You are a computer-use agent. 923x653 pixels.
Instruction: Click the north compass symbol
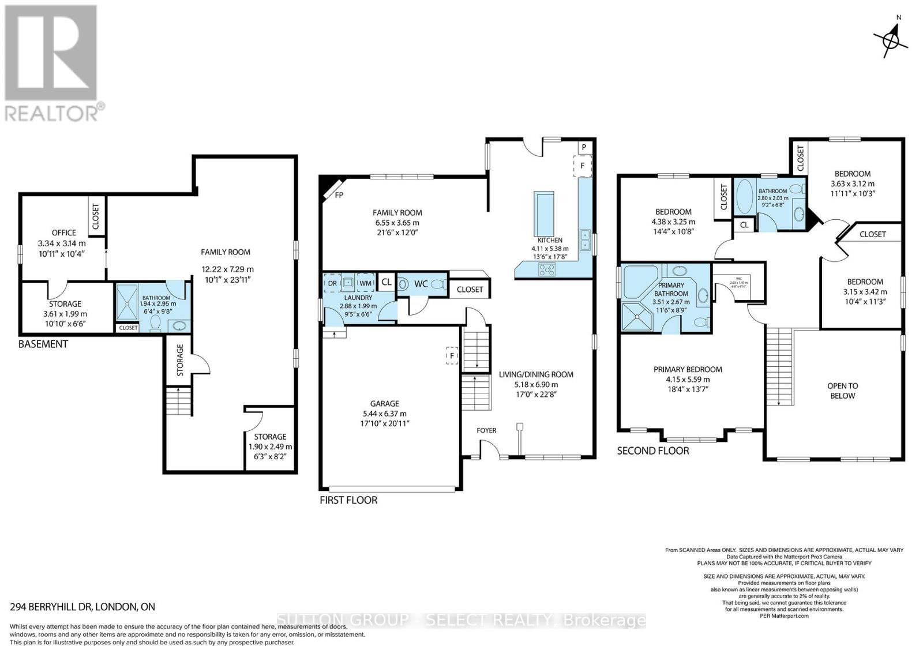(891, 40)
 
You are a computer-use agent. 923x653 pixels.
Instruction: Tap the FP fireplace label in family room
(339, 195)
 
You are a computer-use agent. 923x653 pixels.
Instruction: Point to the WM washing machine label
(366, 283)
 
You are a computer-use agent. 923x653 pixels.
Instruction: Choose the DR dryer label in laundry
(332, 283)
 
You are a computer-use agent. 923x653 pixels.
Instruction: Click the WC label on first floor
(421, 284)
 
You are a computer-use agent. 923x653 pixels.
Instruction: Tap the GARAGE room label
(384, 404)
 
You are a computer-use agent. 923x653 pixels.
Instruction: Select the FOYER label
(486, 430)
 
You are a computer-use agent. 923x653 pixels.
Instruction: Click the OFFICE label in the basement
(64, 233)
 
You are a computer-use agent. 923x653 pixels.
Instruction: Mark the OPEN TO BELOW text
(842, 391)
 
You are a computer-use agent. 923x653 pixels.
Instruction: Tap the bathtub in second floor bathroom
(744, 197)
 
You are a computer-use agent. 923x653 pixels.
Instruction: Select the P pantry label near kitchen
(584, 148)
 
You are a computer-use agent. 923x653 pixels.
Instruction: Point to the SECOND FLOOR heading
(653, 451)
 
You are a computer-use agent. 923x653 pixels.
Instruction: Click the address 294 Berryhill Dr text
(82, 607)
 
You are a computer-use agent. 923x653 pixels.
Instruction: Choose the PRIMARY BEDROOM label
(688, 369)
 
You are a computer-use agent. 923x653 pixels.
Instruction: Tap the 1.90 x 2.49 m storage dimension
(270, 446)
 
